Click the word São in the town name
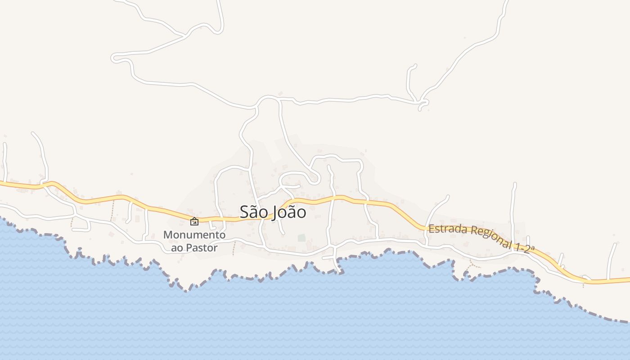pyautogui.click(x=253, y=212)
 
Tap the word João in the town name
pyautogui.click(x=289, y=212)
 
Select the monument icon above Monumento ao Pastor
pyautogui.click(x=194, y=221)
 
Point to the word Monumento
pyautogui.click(x=194, y=235)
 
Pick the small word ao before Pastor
pyautogui.click(x=176, y=248)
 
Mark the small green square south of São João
pyautogui.click(x=301, y=238)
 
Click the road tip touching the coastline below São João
pyautogui.click(x=341, y=271)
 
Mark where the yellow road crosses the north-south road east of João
pyautogui.click(x=333, y=198)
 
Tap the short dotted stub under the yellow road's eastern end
pyautogui.click(x=583, y=285)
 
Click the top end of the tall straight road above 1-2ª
pyautogui.click(x=515, y=184)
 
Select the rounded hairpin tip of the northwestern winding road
pyautogui.click(x=114, y=58)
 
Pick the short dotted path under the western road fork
pyautogui.click(x=71, y=222)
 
